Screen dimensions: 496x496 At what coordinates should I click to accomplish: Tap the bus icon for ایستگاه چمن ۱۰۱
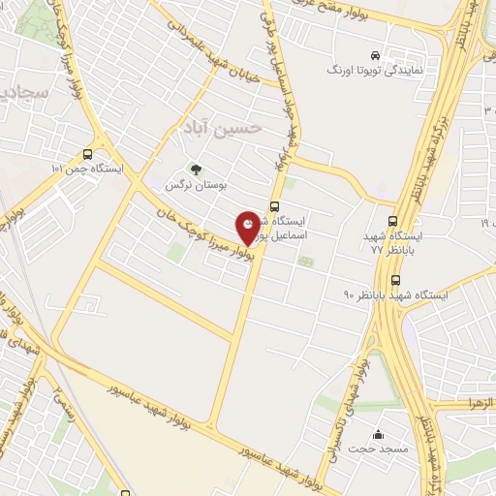[x=89, y=154]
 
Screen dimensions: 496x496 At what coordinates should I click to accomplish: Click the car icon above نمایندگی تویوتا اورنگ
[x=374, y=55]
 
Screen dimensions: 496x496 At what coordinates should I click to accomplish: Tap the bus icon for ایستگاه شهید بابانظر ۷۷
[x=392, y=220]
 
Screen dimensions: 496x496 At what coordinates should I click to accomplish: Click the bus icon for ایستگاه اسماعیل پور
[x=275, y=206]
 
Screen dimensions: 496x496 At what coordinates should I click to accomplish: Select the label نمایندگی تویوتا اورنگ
[x=373, y=72]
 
